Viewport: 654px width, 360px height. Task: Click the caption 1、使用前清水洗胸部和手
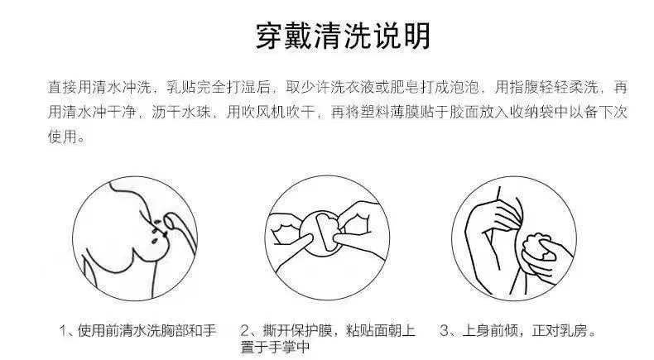click(x=137, y=330)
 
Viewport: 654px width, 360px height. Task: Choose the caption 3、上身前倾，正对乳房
click(x=517, y=330)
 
